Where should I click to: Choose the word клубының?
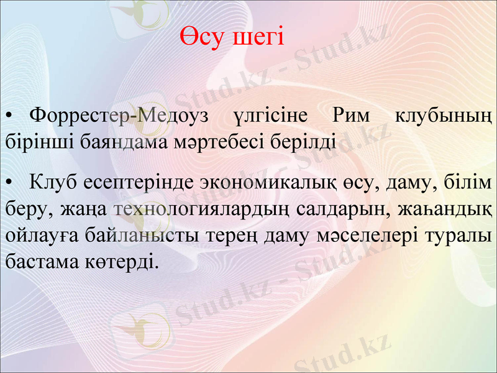click(444, 115)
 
